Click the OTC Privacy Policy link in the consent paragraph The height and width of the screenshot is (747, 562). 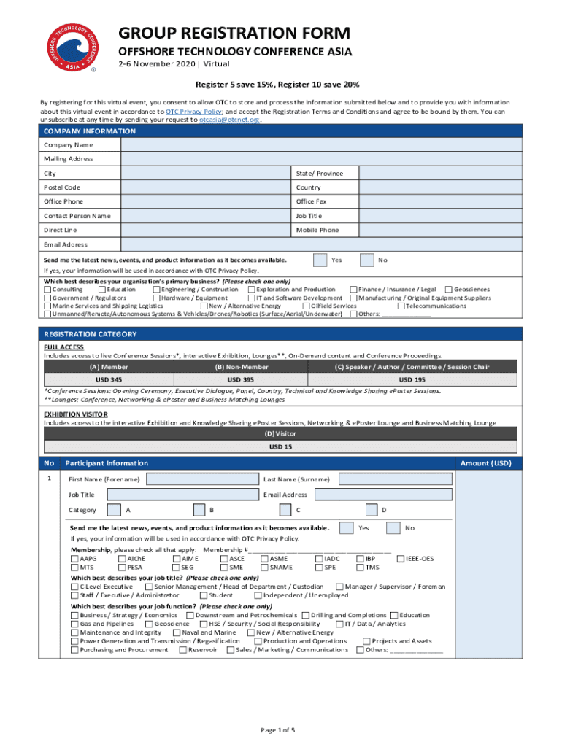click(x=193, y=112)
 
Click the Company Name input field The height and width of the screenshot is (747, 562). click(x=321, y=145)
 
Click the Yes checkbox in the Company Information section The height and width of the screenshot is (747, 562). click(x=320, y=260)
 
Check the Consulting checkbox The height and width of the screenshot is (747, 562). click(x=47, y=290)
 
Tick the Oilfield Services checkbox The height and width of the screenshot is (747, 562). click(x=306, y=306)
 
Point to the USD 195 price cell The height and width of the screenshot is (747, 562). click(x=412, y=380)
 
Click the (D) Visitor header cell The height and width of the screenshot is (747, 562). click(x=280, y=433)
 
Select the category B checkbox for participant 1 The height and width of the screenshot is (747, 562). click(x=199, y=510)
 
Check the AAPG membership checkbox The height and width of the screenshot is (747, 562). click(x=74, y=559)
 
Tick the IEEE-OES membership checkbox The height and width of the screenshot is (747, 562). click(x=400, y=559)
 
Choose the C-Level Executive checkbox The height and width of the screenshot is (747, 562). click(x=74, y=587)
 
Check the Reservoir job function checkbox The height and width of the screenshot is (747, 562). click(x=182, y=650)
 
